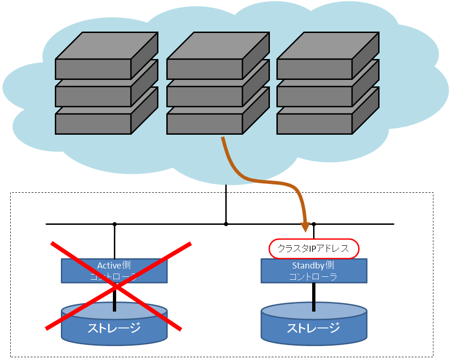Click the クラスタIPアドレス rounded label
click(x=314, y=249)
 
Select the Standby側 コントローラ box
click(x=314, y=271)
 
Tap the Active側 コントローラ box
click(x=114, y=271)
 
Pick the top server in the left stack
click(x=93, y=69)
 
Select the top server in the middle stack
click(x=205, y=69)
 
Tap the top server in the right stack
click(x=315, y=69)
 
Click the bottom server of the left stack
click(x=93, y=124)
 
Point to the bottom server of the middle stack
click(x=205, y=124)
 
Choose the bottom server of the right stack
click(x=315, y=124)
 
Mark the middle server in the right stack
click(x=315, y=97)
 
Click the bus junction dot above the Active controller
click(x=114, y=224)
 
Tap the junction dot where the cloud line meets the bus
click(x=226, y=224)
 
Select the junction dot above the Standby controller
click(x=314, y=224)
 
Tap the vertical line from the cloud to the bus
click(x=226, y=204)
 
